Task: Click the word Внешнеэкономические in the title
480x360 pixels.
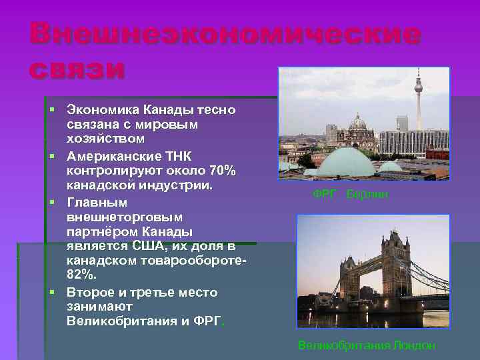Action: [225, 34]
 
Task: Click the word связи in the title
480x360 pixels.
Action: [77, 69]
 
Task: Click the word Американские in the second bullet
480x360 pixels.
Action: [115, 156]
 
